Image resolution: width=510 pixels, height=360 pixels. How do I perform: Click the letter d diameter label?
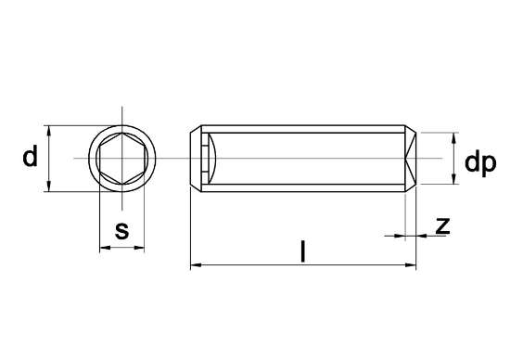(x=31, y=158)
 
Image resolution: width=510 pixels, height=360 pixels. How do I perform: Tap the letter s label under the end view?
(x=121, y=230)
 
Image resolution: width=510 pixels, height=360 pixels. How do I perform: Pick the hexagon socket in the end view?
(x=121, y=159)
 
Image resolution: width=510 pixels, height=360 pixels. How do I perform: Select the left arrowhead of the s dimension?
(x=102, y=248)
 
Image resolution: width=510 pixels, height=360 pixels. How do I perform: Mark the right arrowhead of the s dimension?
(x=141, y=248)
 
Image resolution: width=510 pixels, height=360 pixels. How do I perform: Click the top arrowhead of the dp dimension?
(x=453, y=137)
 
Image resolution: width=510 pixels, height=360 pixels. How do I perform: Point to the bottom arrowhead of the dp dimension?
(x=453, y=181)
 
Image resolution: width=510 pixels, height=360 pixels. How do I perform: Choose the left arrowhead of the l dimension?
(x=194, y=267)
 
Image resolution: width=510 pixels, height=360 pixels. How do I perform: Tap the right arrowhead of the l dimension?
(x=411, y=267)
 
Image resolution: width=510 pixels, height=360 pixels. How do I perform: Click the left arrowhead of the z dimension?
(x=402, y=236)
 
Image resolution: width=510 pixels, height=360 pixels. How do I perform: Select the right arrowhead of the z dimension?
(x=420, y=236)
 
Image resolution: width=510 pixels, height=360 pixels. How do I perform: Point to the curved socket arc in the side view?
(x=212, y=159)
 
